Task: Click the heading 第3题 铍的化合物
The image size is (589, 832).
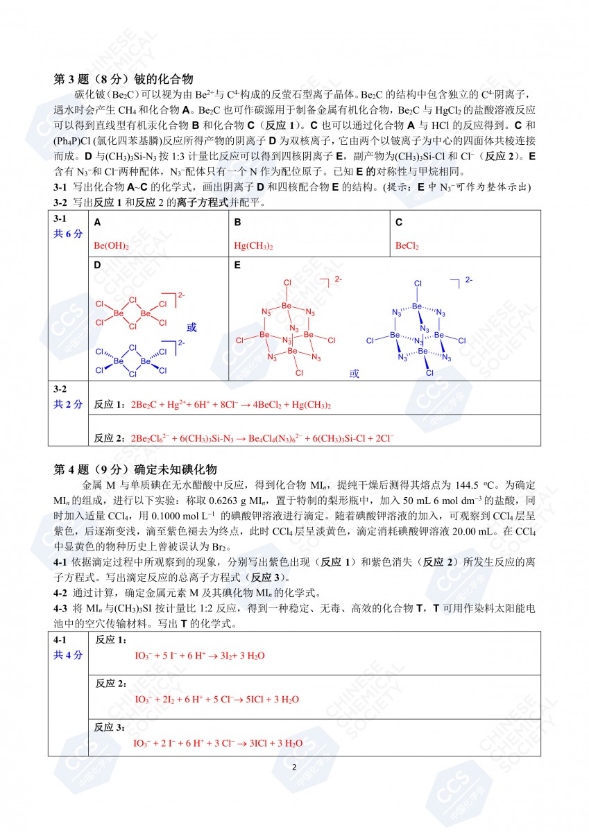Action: [123, 79]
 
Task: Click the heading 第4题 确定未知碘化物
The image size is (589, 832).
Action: [136, 469]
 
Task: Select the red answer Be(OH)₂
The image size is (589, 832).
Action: [111, 245]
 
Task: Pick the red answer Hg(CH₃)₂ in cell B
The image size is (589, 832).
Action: [253, 245]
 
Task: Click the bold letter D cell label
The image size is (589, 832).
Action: [97, 265]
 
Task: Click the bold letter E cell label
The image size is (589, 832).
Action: [237, 265]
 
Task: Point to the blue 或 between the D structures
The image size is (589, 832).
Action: [191, 327]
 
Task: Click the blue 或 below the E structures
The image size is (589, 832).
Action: [355, 373]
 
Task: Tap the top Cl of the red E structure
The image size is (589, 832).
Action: [288, 283]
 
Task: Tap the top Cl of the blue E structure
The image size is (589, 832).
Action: [418, 283]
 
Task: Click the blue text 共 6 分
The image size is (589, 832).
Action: [68, 234]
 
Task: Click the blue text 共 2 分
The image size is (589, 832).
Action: [68, 404]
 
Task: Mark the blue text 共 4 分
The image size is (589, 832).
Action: [68, 655]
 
